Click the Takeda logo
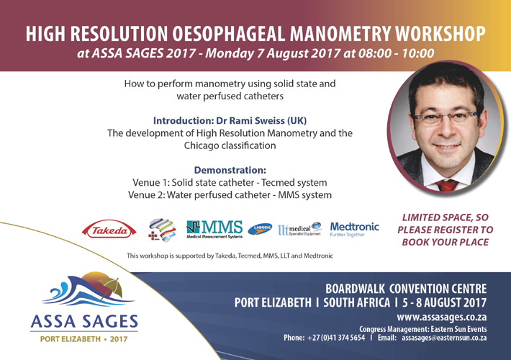(x=109, y=230)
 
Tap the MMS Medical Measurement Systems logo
(x=214, y=230)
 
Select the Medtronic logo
(x=355, y=229)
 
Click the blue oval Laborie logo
(x=260, y=229)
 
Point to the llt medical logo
(x=299, y=229)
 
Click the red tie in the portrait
(x=447, y=185)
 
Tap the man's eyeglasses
(x=446, y=117)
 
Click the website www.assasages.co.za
(x=442, y=317)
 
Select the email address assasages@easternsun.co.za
(x=444, y=338)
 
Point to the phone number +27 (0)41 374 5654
(x=336, y=338)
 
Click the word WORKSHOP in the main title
(x=440, y=34)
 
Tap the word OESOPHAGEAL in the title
(x=228, y=34)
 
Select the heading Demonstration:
(x=230, y=170)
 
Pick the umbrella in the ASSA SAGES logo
(x=111, y=287)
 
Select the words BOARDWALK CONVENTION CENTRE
(x=406, y=289)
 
